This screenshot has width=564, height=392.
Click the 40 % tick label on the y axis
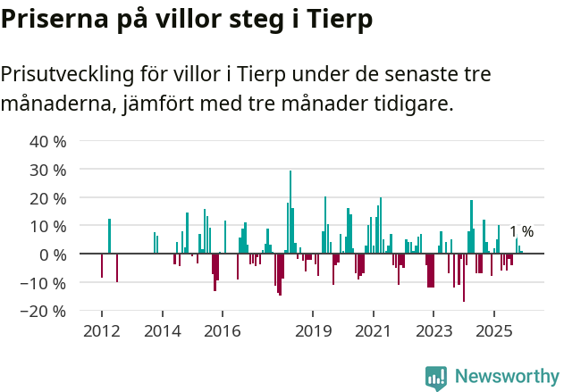tap(47, 141)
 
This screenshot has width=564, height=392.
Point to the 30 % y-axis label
tap(47, 170)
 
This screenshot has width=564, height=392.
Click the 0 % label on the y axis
tap(52, 254)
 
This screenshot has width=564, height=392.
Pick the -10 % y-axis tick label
tap(45, 283)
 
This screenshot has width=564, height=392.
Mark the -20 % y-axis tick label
tap(45, 312)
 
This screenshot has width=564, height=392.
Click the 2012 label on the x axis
tap(101, 332)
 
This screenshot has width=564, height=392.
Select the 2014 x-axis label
tap(162, 332)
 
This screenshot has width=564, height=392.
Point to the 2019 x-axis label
tap(313, 332)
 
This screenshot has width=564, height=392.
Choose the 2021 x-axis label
tap(374, 332)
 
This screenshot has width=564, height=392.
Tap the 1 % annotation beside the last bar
tap(521, 232)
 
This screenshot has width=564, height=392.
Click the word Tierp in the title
tap(337, 19)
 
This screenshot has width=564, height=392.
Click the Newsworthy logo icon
tap(436, 378)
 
